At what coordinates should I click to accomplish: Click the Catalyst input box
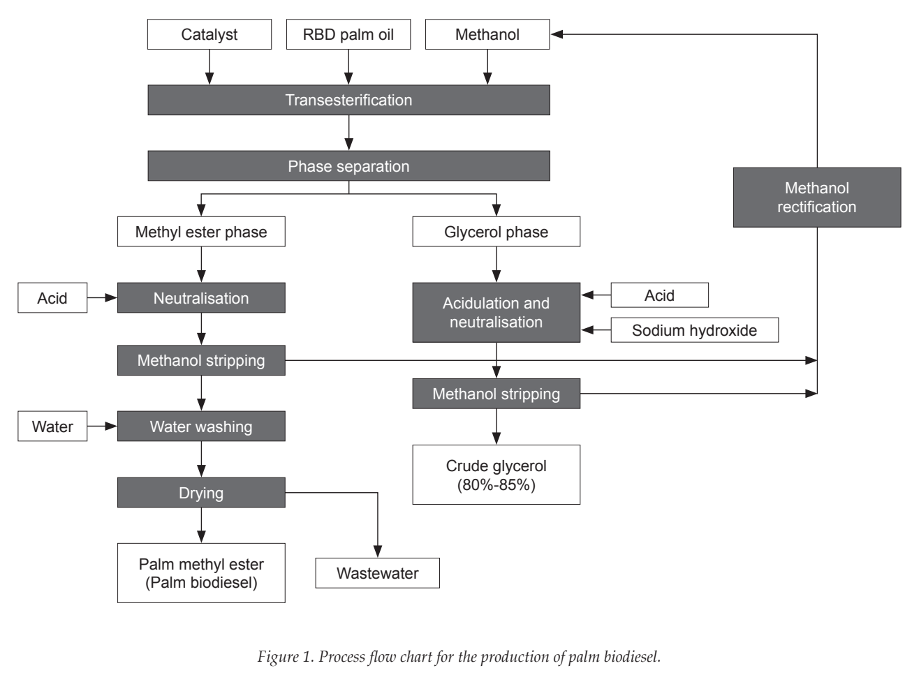pos(209,34)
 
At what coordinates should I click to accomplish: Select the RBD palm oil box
pos(348,34)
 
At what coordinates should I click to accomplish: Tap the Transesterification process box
pos(349,101)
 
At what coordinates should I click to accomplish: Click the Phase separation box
pos(349,166)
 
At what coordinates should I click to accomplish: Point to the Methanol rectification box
pos(817,198)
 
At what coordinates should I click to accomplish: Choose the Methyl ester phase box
pos(201,232)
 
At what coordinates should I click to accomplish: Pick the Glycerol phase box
pos(497,232)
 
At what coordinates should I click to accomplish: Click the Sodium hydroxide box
pos(695,330)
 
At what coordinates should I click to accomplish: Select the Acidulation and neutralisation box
pos(497,313)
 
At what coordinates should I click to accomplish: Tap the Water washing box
pos(201,427)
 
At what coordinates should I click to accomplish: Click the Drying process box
pos(201,493)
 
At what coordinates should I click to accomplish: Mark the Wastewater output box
pos(378,573)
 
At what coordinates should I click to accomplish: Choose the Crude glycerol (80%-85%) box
pos(497,475)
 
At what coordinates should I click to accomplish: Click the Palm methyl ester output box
pos(201,573)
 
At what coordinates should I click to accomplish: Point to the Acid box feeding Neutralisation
pos(52,298)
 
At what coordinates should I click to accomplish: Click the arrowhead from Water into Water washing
pos(111,427)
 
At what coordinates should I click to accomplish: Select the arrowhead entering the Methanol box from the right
pos(557,34)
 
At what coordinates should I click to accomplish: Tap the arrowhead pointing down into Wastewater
pos(378,551)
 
